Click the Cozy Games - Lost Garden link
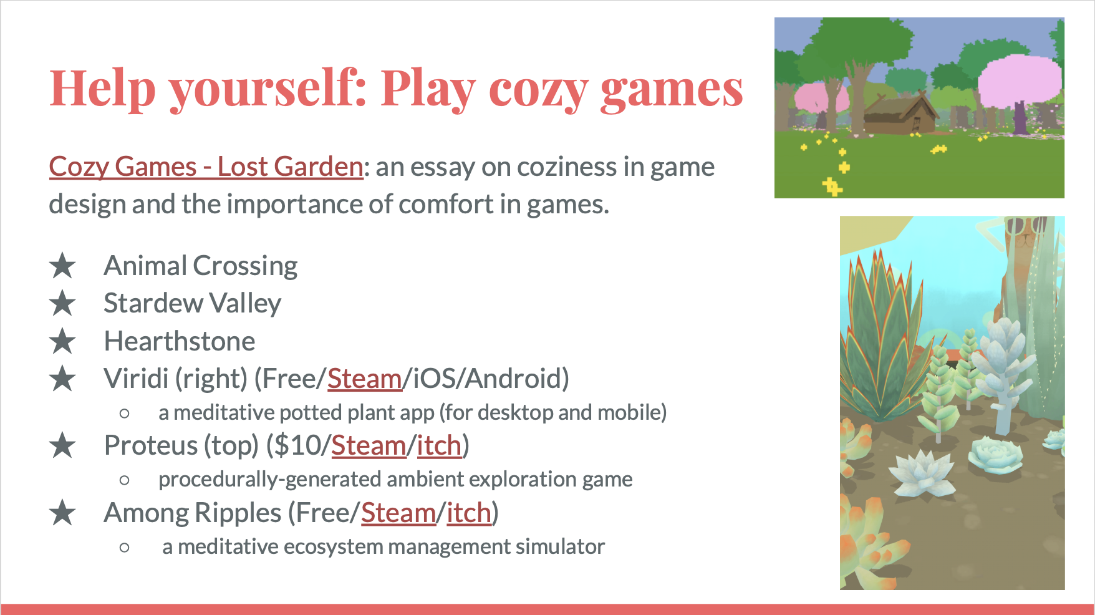(206, 167)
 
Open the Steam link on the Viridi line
(365, 379)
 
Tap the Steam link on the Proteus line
(369, 445)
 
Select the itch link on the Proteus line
(439, 445)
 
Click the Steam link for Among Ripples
(398, 513)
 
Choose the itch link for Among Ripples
(469, 513)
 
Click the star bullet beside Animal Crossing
(62, 266)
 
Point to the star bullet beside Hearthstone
(62, 341)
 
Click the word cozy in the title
(538, 89)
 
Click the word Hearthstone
(180, 341)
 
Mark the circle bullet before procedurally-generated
(125, 480)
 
